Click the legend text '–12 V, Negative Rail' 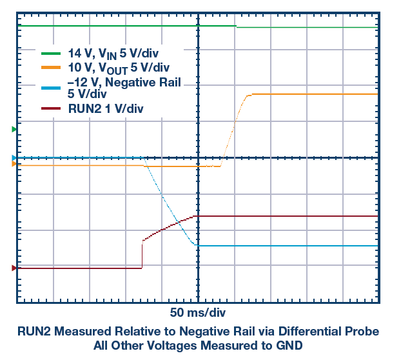click(124, 82)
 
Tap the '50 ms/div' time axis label click(198, 313)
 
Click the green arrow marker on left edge click(14, 130)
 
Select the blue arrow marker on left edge click(14, 157)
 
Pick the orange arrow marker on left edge click(14, 164)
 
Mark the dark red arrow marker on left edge click(14, 268)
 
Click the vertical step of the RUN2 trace click(142, 253)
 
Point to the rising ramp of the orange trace click(234, 128)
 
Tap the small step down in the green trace click(237, 26)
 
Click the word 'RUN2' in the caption click(34, 331)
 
